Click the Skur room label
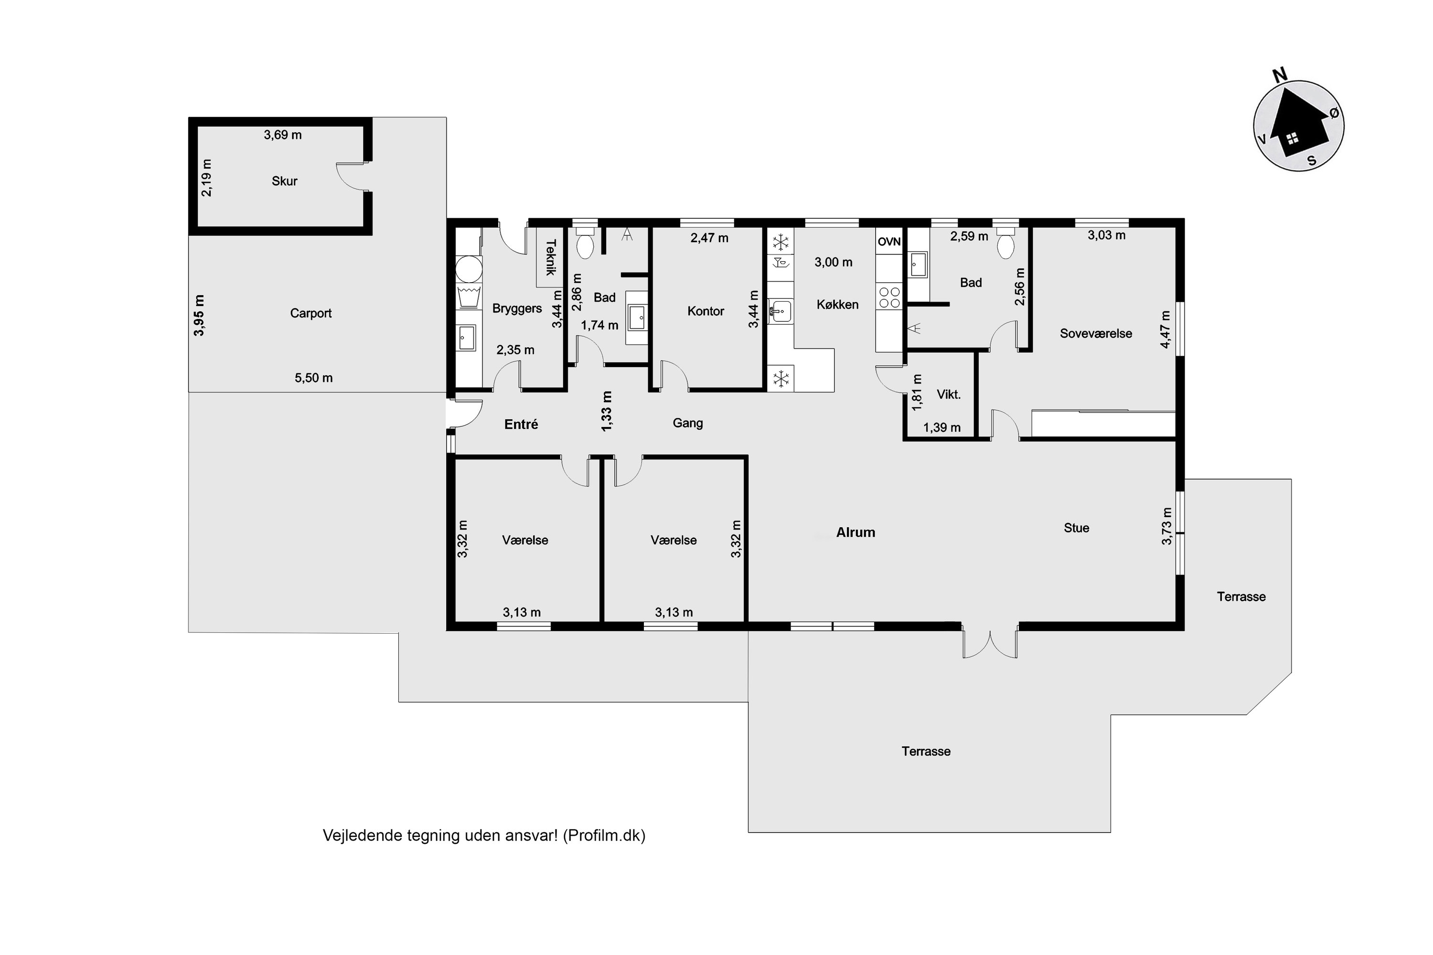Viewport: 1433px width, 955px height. pos(285,181)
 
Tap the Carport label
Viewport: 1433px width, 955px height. pos(311,314)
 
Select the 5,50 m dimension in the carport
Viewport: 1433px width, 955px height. pos(314,378)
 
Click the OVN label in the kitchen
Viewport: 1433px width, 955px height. pos(889,242)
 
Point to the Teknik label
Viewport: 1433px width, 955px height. pos(551,257)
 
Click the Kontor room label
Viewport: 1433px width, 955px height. pos(706,311)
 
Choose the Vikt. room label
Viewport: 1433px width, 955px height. pos(948,395)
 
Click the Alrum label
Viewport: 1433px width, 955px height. pos(856,532)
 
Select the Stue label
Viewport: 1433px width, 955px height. pos(1076,528)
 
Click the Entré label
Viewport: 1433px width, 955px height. pos(521,424)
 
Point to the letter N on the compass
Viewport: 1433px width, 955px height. pos(1280,75)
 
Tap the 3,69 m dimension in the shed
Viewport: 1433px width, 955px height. pos(283,135)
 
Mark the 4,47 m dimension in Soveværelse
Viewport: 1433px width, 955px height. pos(1165,329)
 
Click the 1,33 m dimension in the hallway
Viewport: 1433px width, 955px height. pos(607,411)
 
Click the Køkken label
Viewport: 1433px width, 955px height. pos(837,305)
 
